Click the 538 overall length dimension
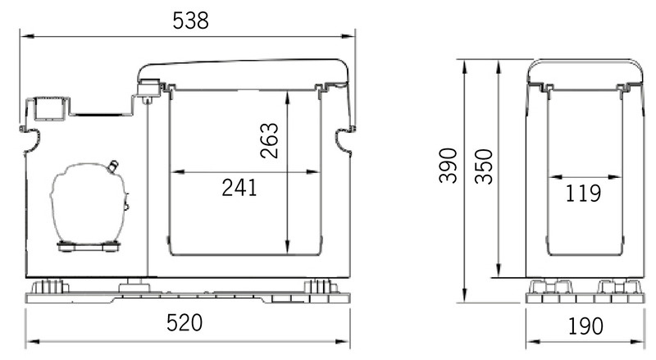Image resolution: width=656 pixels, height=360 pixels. tap(190, 21)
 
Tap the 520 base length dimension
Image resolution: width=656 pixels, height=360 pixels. tap(184, 323)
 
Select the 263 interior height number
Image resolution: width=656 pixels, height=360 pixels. tap(269, 141)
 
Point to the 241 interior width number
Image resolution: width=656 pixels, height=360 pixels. tap(239, 188)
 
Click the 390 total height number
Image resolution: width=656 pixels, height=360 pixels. tap(448, 166)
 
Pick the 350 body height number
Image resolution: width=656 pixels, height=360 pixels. tap(484, 166)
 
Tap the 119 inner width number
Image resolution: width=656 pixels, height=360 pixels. tap(583, 193)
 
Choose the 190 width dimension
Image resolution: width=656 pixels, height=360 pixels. tap(585, 326)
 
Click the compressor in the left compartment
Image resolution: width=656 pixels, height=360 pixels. tap(89, 204)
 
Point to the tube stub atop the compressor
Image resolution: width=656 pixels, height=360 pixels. tap(112, 166)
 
